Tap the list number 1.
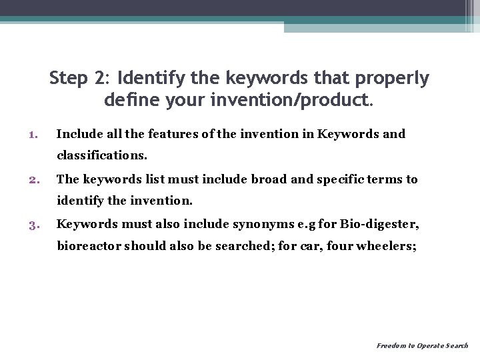[33, 135]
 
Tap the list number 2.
[33, 179]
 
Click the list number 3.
[33, 225]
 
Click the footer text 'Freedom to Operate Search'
[422, 346]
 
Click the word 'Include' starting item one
[76, 134]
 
